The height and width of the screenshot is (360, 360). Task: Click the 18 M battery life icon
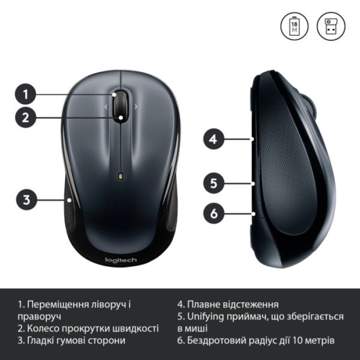click(294, 27)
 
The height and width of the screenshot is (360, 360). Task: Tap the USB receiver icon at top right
click(330, 27)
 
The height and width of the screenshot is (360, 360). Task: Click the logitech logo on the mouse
click(121, 260)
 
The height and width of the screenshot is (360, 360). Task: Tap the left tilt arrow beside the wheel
click(105, 107)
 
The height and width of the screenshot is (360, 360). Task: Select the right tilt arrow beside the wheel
click(136, 107)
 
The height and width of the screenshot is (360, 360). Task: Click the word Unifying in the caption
click(207, 316)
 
